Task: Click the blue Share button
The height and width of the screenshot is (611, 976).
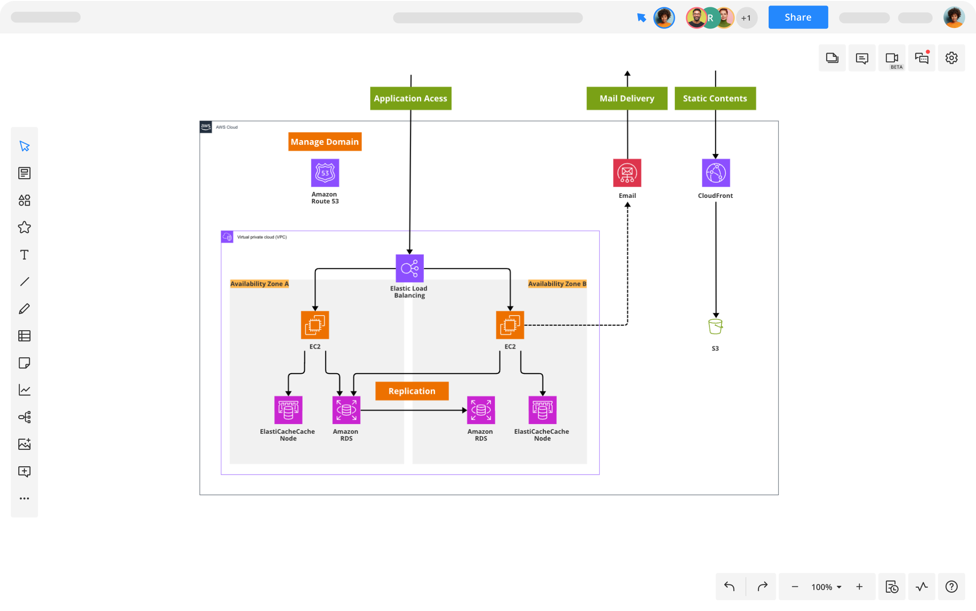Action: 797,17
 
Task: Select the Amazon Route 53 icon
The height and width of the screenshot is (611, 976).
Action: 325,173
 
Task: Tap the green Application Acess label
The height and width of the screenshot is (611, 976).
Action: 410,98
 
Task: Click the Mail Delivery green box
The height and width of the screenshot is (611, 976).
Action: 627,98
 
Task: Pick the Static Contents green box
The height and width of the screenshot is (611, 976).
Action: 715,98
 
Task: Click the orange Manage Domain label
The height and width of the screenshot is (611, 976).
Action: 325,142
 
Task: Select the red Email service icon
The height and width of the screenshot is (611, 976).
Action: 627,173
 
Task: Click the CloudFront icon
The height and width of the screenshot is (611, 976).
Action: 716,173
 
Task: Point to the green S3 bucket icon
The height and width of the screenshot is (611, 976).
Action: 715,327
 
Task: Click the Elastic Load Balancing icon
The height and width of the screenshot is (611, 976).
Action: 409,268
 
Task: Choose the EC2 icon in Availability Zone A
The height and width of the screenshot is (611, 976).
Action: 315,325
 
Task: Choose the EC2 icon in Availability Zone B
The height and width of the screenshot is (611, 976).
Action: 510,325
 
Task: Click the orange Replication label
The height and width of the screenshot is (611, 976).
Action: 412,391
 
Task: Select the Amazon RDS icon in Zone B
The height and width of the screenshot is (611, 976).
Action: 481,410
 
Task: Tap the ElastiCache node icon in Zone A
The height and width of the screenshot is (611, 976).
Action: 288,410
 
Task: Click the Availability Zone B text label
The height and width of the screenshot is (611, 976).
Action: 557,284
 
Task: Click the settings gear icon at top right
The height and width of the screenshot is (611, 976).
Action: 951,58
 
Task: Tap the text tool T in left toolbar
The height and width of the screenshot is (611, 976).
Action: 24,255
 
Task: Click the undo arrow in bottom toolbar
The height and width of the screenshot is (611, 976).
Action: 729,586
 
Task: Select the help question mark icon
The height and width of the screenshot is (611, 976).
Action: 951,586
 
